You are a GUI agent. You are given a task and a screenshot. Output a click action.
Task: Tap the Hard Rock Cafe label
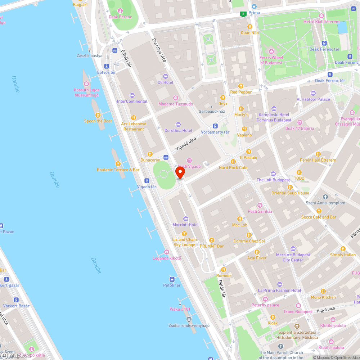coord(233,168)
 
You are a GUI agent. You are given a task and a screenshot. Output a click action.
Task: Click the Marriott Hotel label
coord(185,225)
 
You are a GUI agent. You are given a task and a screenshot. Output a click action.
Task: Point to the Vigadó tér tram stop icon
coord(147,180)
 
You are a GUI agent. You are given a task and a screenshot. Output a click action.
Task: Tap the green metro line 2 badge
coord(243,14)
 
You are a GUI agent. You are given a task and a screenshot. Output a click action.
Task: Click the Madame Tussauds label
coord(176,104)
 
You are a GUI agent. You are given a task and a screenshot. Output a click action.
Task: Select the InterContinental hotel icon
coord(132,95)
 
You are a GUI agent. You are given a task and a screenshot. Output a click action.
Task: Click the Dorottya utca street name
coord(159,50)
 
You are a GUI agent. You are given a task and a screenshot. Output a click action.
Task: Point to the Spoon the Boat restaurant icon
coord(98,115)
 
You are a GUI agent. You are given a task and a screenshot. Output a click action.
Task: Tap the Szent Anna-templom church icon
coord(325,197)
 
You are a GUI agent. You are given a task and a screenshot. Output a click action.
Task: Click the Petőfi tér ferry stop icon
coord(172,279)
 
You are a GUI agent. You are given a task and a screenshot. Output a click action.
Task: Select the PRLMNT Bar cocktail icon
coord(212,240)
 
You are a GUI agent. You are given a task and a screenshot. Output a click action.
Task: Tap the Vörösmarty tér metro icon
coord(215,126)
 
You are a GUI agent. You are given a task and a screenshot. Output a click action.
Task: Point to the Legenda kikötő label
coord(167,258)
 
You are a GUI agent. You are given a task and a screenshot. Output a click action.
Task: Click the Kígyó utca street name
coord(326,309)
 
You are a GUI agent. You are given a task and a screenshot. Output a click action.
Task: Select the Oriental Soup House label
coord(290,193)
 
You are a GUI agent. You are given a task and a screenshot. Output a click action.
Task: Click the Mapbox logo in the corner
coord(16,355)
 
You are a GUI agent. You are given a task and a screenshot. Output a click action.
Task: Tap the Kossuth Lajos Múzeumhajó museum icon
coord(86,84)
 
